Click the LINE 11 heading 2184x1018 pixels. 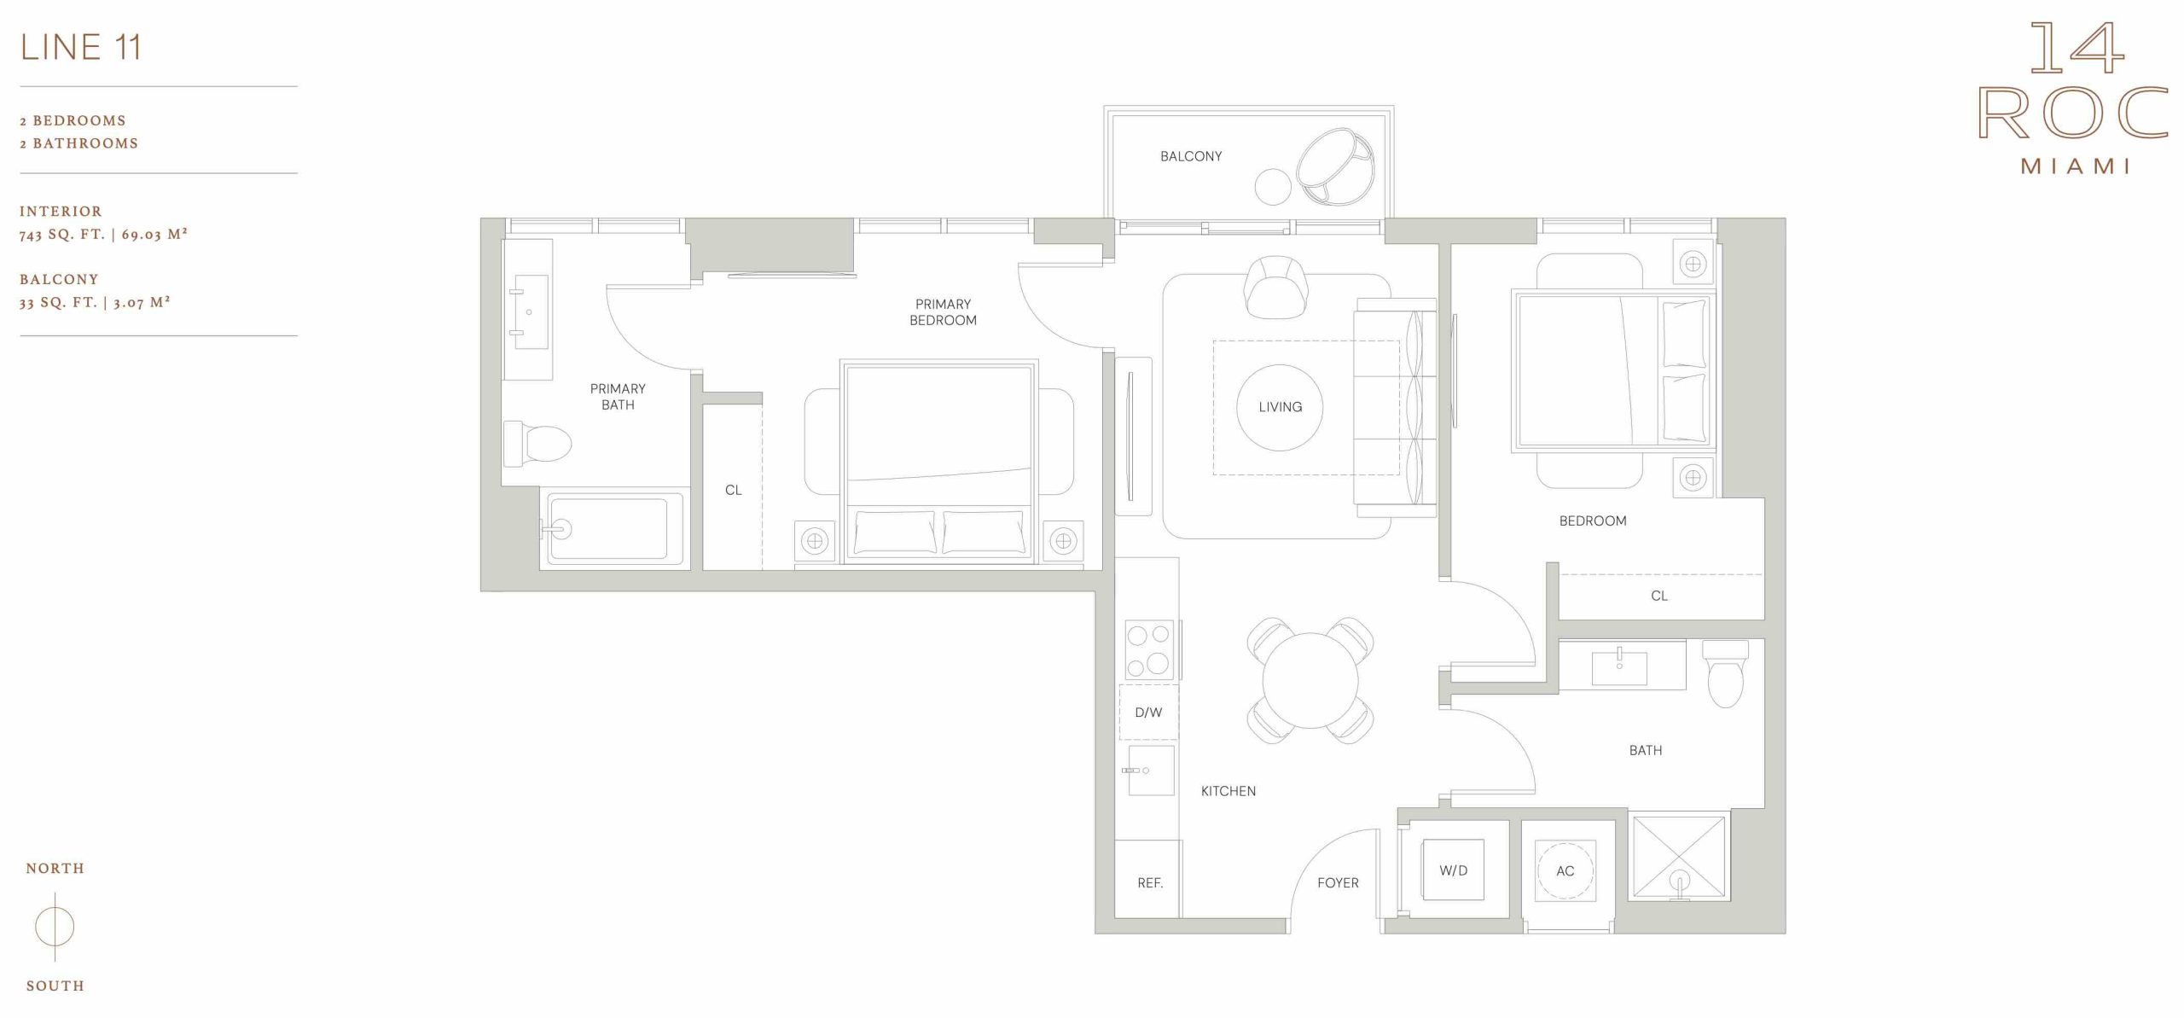tap(81, 47)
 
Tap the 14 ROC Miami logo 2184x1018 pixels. tap(2074, 97)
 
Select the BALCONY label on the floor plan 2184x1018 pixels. tap(1191, 156)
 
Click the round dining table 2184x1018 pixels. tap(1310, 681)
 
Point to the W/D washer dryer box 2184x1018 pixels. tap(1453, 870)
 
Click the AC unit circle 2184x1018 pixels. tap(1565, 870)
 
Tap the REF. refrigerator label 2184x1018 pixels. tap(1150, 883)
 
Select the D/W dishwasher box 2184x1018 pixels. tap(1148, 712)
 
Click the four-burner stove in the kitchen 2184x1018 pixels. tap(1149, 649)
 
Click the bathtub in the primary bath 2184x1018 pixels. tap(612, 529)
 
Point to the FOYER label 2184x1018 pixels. tap(1338, 883)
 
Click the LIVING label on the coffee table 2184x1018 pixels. tap(1280, 407)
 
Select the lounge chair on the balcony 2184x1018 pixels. tap(1335, 167)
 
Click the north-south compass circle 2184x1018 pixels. tap(55, 927)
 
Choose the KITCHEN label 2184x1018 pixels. tap(1228, 791)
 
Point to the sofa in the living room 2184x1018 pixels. tap(1396, 408)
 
